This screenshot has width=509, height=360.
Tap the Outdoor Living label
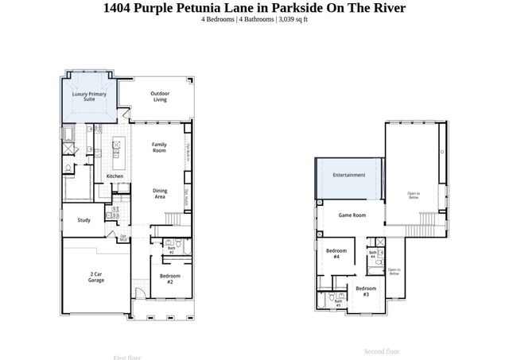(x=160, y=97)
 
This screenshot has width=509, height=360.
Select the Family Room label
(x=159, y=147)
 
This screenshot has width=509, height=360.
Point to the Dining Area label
(x=159, y=193)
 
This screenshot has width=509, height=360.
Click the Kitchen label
(x=115, y=176)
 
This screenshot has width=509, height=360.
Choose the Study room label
(x=84, y=220)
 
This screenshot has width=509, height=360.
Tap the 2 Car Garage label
(x=96, y=277)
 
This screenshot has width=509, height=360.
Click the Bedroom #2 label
(x=170, y=278)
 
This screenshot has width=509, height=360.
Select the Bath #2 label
(x=171, y=250)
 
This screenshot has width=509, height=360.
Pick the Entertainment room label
(x=349, y=175)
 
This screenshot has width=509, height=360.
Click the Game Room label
(x=352, y=215)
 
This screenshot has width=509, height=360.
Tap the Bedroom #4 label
(x=336, y=254)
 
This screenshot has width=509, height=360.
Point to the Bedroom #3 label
(x=366, y=292)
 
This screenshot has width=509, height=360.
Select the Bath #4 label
(x=372, y=254)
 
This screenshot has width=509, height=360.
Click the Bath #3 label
(x=338, y=303)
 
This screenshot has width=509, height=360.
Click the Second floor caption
(x=382, y=351)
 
